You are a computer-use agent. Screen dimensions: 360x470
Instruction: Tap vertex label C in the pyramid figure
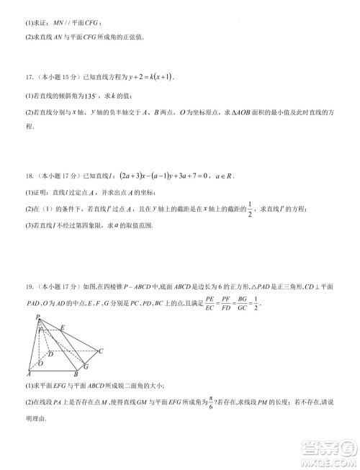(x=102, y=351)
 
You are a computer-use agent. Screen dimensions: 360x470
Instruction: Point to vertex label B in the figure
(x=77, y=375)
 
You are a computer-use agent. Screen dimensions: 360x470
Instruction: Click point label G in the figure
(x=86, y=366)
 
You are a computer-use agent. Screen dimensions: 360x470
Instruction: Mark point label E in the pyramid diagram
(x=63, y=327)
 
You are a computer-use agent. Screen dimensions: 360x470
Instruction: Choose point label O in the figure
(x=40, y=363)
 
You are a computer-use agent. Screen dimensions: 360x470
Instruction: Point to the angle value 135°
(x=87, y=95)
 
